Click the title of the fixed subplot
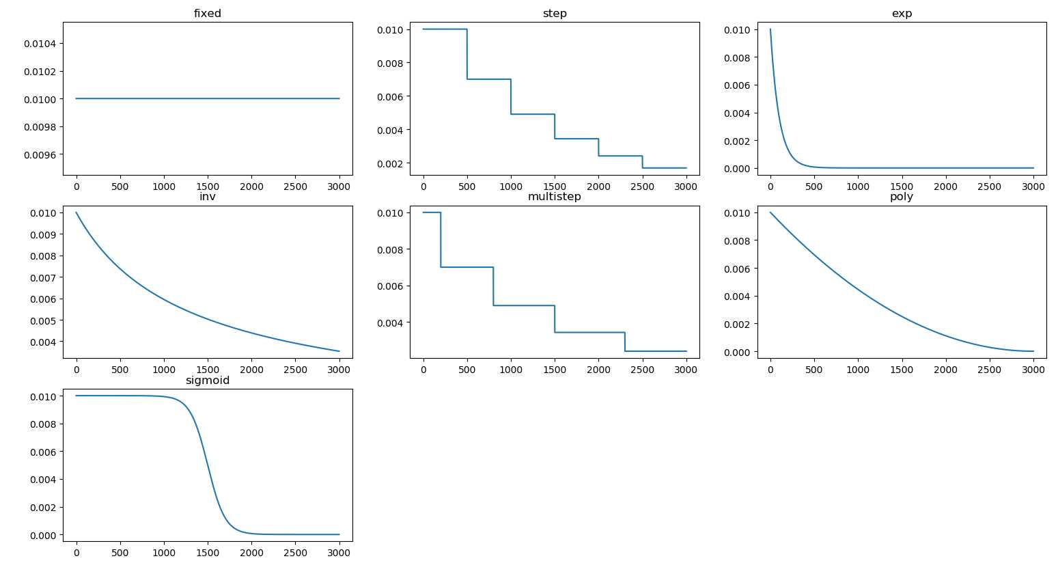pyautogui.click(x=207, y=14)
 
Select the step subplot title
pyautogui.click(x=554, y=14)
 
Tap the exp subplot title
pyautogui.click(x=902, y=14)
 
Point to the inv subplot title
pyautogui.click(x=207, y=197)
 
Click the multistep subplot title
pyautogui.click(x=554, y=197)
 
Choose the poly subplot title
pyautogui.click(x=902, y=197)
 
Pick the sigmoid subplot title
pyautogui.click(x=207, y=381)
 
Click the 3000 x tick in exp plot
pyautogui.click(x=1033, y=187)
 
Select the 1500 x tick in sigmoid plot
pyautogui.click(x=208, y=553)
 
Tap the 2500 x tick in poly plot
pyautogui.click(x=989, y=370)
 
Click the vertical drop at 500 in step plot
pyautogui.click(x=467, y=55)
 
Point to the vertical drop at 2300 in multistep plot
pyautogui.click(x=625, y=342)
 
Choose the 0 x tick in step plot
pyautogui.click(x=423, y=187)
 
